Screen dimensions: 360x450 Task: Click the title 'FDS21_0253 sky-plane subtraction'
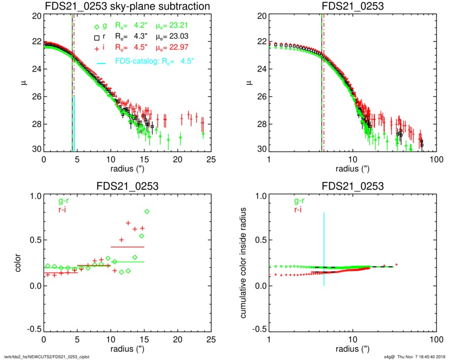[127, 7]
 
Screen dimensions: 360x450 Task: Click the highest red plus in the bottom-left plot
[128, 223]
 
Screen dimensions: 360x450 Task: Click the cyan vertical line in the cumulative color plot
[324, 249]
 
